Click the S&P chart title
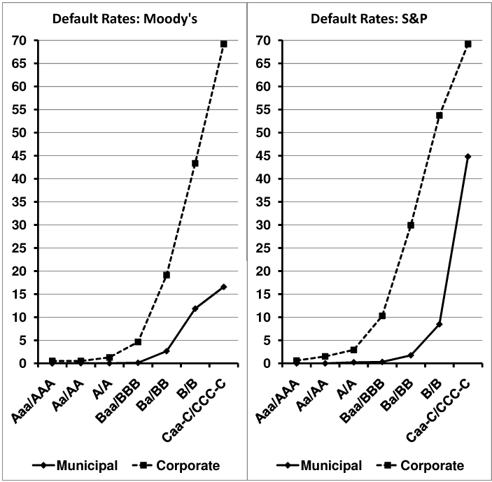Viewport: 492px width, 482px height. point(370,17)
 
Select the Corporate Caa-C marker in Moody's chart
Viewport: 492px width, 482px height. point(224,43)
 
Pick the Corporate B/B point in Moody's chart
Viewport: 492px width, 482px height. point(195,164)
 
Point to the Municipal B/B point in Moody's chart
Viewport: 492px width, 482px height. point(195,309)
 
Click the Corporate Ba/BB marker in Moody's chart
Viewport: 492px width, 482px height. point(167,275)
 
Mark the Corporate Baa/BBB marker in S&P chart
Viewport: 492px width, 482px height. point(382,316)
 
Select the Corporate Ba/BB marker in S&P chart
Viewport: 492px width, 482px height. point(411,225)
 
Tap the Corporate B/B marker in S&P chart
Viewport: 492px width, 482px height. point(440,115)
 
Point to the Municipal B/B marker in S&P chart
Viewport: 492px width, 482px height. point(440,324)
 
